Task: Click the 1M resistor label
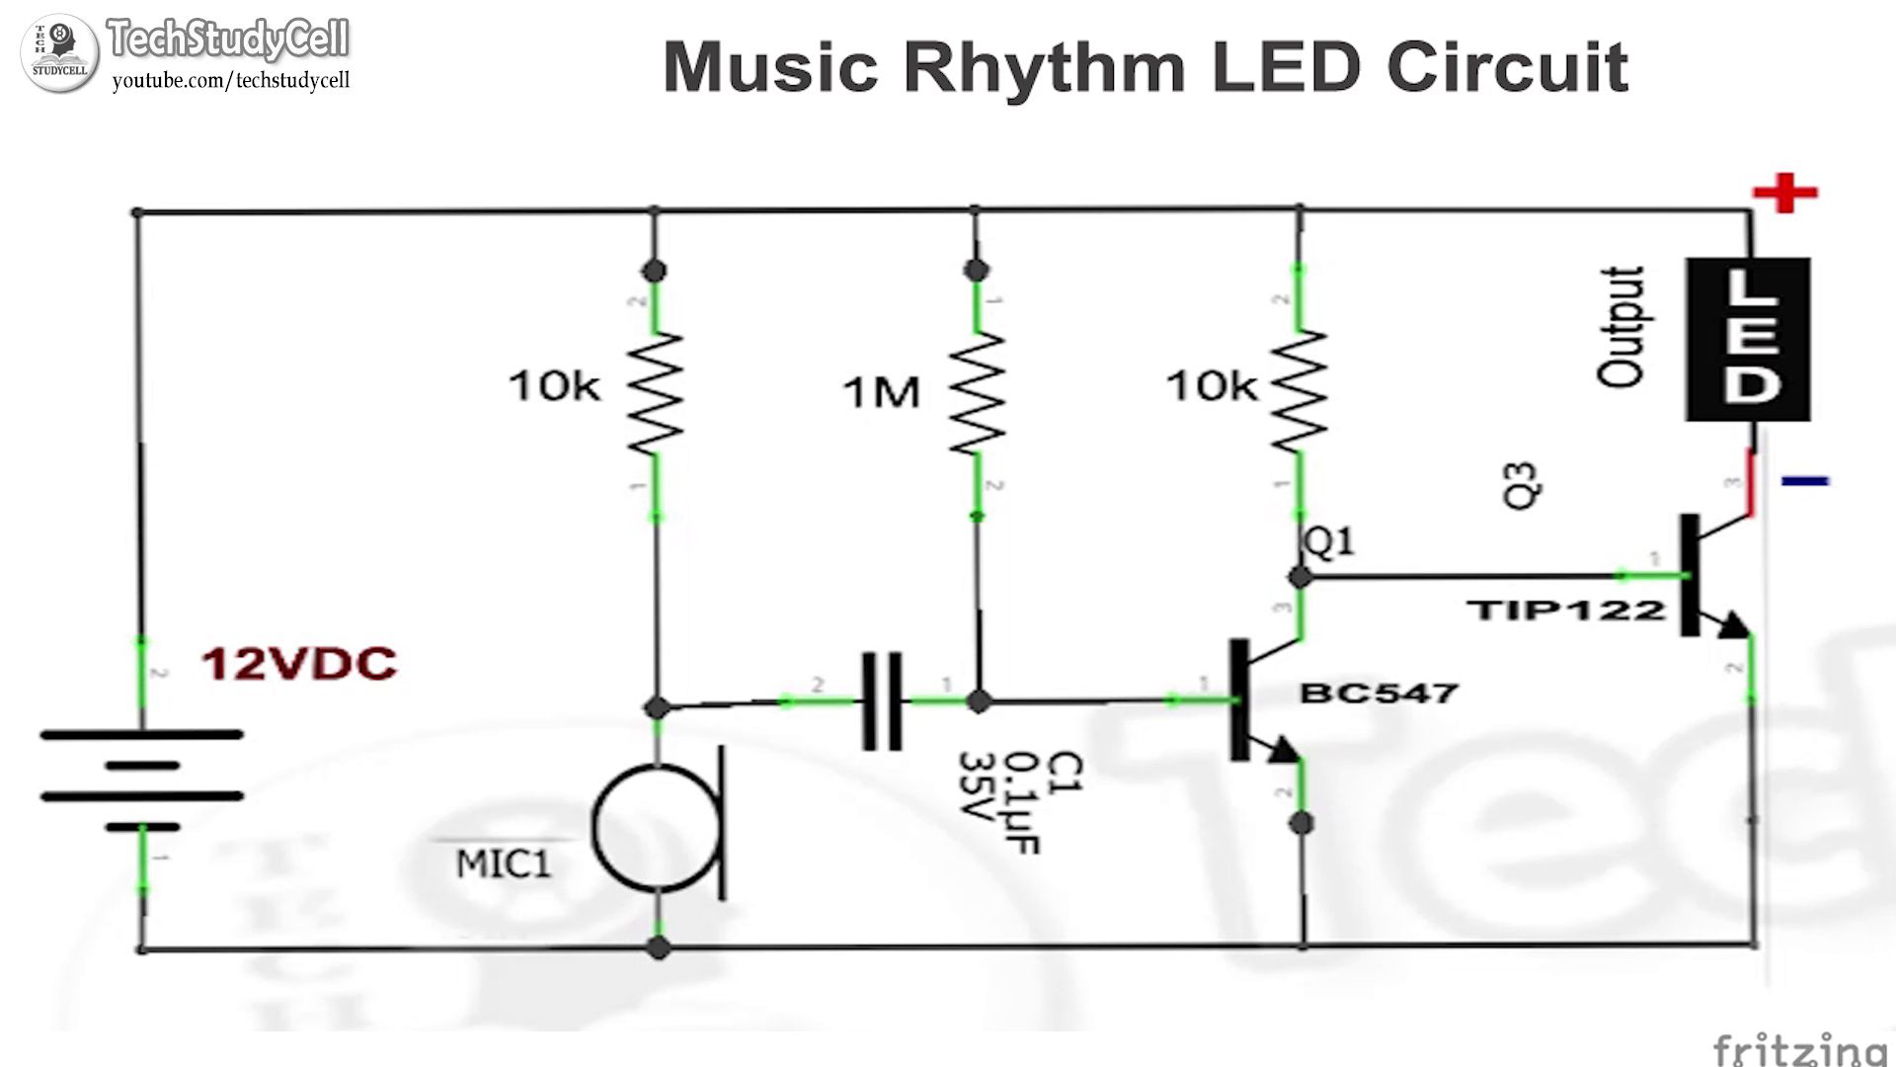881,392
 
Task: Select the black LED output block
1747,339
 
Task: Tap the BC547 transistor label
1379,693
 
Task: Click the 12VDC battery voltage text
299,664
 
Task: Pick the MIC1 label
503,864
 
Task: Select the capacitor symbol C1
881,700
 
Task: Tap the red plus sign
1784,193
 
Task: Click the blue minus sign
1805,481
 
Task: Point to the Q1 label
1329,541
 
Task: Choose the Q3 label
1521,485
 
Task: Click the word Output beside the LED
1620,327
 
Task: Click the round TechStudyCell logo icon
60,53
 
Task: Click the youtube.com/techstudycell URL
231,81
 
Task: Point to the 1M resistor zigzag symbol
977,393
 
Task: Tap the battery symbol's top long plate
141,734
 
